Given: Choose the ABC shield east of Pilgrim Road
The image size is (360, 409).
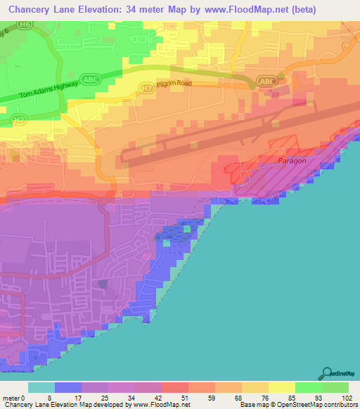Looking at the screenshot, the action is [268, 82].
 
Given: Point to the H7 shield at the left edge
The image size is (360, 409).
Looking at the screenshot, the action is [19, 120].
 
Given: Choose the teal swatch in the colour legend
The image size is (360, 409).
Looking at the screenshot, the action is [41, 387].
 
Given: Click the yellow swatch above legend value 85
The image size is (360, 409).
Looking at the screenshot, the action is [281, 387].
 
